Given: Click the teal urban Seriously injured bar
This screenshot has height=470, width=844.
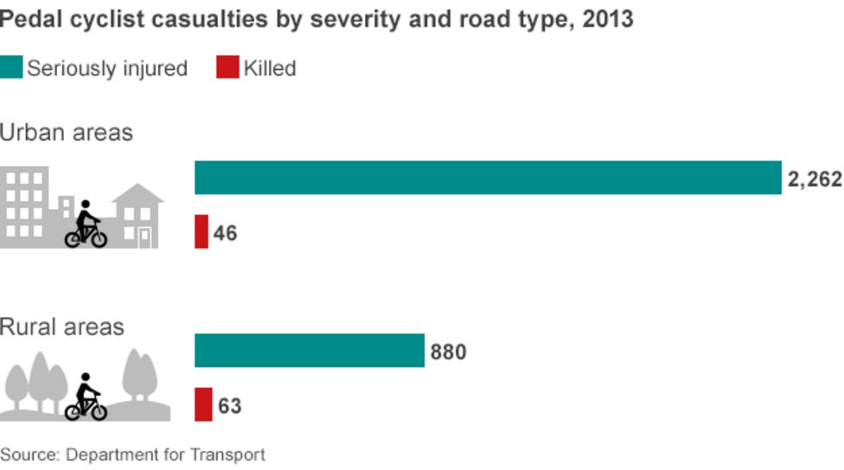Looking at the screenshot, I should pyautogui.click(x=488, y=178).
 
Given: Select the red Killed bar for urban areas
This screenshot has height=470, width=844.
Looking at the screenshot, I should pyautogui.click(x=201, y=232).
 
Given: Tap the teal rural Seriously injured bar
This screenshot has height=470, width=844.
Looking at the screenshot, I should pyautogui.click(x=310, y=351).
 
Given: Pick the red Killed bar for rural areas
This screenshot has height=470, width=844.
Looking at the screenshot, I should pyautogui.click(x=203, y=404).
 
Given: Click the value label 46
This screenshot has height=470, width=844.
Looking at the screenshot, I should pyautogui.click(x=225, y=233).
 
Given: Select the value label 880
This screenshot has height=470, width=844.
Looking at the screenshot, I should pyautogui.click(x=448, y=352).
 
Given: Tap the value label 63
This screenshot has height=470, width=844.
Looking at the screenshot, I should pyautogui.click(x=229, y=406).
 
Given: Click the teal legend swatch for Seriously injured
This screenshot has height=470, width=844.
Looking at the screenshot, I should pyautogui.click(x=11, y=67).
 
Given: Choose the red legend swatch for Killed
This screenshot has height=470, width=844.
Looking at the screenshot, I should pyautogui.click(x=227, y=67).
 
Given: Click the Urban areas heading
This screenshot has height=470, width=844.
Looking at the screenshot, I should pyautogui.click(x=67, y=132).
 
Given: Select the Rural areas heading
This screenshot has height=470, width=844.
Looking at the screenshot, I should pyautogui.click(x=62, y=327).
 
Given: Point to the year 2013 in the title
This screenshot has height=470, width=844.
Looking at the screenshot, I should pyautogui.click(x=608, y=18).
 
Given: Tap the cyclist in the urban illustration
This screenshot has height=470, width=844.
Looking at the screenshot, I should pyautogui.click(x=86, y=226).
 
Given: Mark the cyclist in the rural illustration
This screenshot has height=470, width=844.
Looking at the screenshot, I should pyautogui.click(x=86, y=398).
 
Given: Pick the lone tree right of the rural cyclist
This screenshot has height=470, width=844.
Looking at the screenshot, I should pyautogui.click(x=140, y=377).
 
